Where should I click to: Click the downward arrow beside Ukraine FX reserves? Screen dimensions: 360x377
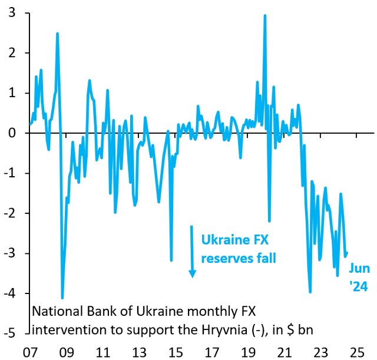tap(191, 250)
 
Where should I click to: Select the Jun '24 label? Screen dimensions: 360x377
tap(359, 277)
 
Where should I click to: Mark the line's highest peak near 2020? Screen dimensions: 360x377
tap(264, 15)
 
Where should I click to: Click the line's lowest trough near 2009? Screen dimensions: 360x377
tap(62, 298)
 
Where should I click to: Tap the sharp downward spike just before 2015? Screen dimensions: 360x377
tap(171, 259)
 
